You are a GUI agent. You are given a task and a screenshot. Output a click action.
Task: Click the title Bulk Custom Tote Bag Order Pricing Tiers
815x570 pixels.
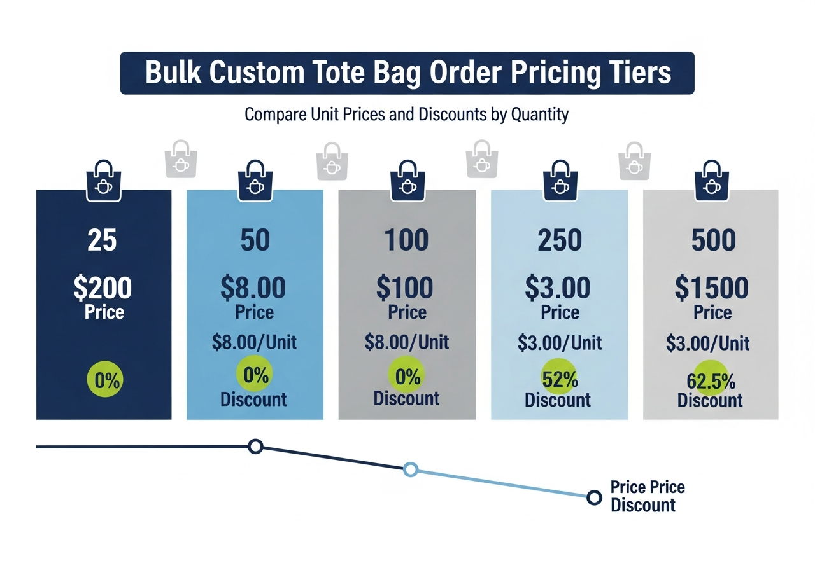tap(407, 73)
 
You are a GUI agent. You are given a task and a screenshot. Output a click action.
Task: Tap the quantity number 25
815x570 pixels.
tap(103, 240)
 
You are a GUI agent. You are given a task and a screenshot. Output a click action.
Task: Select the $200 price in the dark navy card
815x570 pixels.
tap(103, 288)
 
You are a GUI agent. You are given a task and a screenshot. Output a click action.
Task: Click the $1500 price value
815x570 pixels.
tap(712, 288)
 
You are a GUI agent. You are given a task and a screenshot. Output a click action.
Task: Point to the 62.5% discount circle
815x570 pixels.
tap(711, 380)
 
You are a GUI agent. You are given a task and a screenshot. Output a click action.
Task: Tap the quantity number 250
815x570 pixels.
tap(560, 240)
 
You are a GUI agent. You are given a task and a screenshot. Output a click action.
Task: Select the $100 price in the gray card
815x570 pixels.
tap(405, 288)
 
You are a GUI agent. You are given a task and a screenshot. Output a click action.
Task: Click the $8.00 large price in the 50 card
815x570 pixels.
tap(253, 288)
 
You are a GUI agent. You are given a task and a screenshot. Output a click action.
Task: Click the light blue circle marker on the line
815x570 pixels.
tap(411, 469)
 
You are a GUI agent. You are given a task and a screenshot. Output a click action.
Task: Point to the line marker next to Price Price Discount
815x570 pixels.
tap(593, 497)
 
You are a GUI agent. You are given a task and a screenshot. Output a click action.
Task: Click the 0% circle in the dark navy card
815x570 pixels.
tap(104, 380)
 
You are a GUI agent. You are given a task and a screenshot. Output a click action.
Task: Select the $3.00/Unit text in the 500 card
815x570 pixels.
tap(708, 344)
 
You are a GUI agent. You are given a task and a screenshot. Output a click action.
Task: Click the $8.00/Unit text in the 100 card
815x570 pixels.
tap(407, 342)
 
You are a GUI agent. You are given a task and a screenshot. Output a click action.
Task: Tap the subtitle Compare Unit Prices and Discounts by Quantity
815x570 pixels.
tap(406, 115)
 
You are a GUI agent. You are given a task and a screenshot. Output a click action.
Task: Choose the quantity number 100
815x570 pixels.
tap(407, 240)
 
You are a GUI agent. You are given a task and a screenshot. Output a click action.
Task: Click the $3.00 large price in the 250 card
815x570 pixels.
tap(558, 288)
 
